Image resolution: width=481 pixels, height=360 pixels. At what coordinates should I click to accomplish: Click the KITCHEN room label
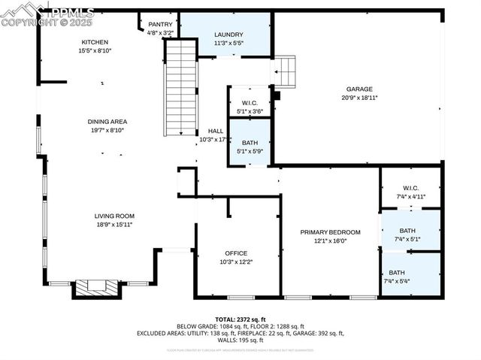(95, 42)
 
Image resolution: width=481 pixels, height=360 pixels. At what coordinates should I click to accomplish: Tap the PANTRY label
(160, 25)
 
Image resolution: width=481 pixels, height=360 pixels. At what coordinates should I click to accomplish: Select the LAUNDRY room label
(228, 35)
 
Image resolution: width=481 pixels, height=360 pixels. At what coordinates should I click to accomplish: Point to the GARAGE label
(359, 89)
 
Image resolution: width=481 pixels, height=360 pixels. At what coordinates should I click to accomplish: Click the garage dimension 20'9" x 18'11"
(359, 98)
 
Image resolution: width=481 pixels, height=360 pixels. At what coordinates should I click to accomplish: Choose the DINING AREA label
(107, 121)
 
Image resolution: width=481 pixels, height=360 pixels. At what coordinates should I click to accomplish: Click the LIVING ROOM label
(114, 216)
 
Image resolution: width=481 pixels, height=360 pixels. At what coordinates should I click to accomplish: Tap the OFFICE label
(236, 253)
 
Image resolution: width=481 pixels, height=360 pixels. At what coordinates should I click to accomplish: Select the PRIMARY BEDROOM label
(330, 232)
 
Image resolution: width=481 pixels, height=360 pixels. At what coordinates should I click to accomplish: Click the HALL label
(216, 131)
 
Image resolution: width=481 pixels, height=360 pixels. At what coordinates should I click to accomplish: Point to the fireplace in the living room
(95, 287)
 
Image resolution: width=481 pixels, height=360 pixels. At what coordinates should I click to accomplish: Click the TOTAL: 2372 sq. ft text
(240, 319)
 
